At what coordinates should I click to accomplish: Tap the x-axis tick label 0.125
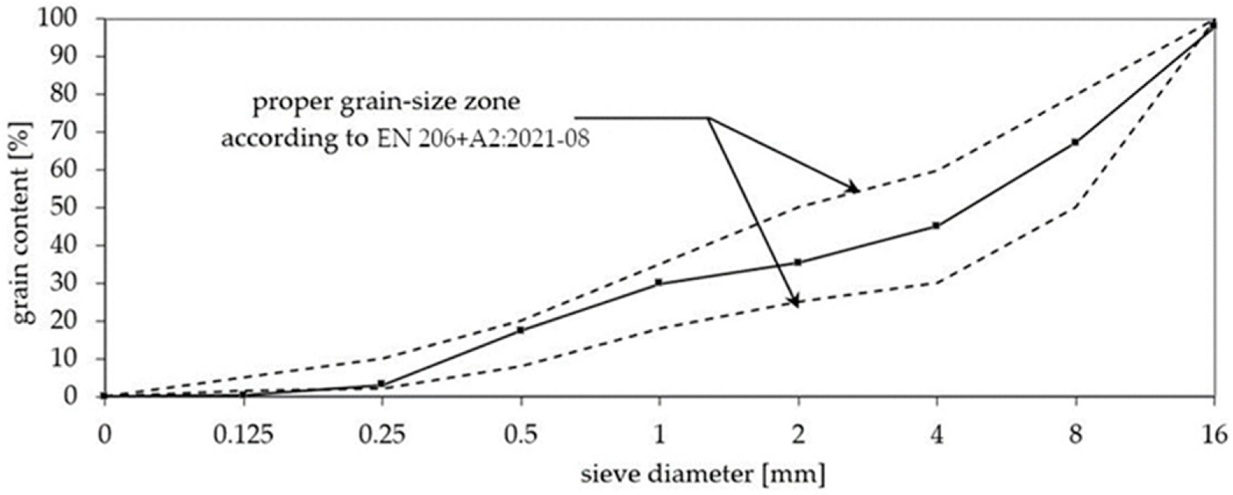point(244,436)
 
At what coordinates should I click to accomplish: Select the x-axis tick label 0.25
point(382,436)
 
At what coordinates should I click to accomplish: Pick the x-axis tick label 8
point(1076,436)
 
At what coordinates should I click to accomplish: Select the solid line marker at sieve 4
point(937,225)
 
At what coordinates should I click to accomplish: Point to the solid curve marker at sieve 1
point(659,282)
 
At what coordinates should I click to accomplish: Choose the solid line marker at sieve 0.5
point(521,330)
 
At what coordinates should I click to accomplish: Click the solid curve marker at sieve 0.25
point(382,383)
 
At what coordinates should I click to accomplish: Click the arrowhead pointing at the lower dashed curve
point(796,302)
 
